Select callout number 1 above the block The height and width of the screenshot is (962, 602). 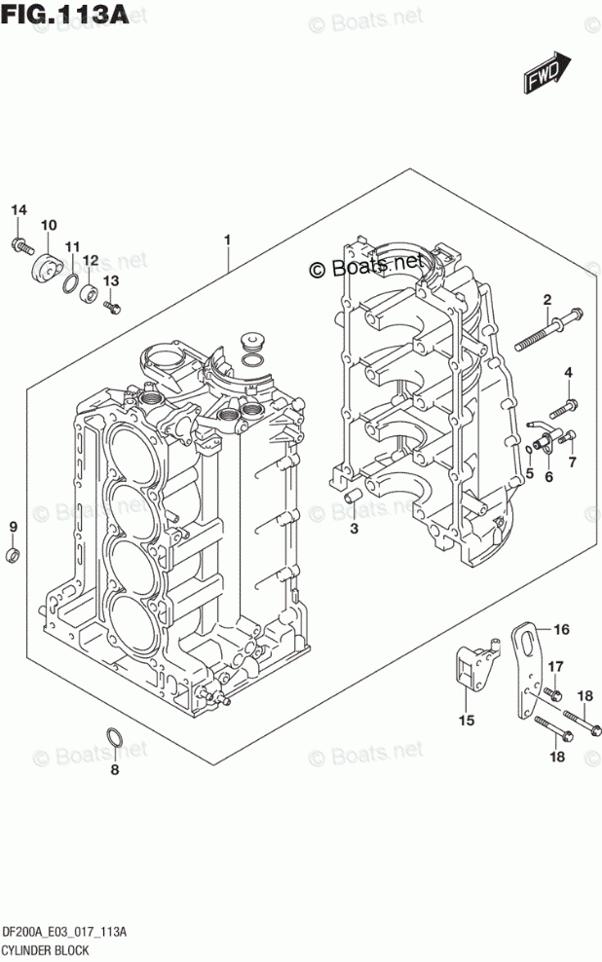pos(227,240)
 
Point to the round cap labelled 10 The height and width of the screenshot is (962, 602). pos(45,264)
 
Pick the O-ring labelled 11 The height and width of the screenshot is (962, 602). pos(70,283)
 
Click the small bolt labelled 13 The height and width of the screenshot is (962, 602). pos(110,308)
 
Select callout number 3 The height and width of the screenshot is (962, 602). pos(355,529)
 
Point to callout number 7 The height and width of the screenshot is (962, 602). pos(572,461)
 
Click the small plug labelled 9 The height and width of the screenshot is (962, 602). pos(13,556)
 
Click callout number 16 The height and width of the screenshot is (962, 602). pos(561,630)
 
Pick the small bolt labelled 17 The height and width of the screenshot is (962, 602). pos(551,693)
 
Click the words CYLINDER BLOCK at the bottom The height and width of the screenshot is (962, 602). pos(47,949)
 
